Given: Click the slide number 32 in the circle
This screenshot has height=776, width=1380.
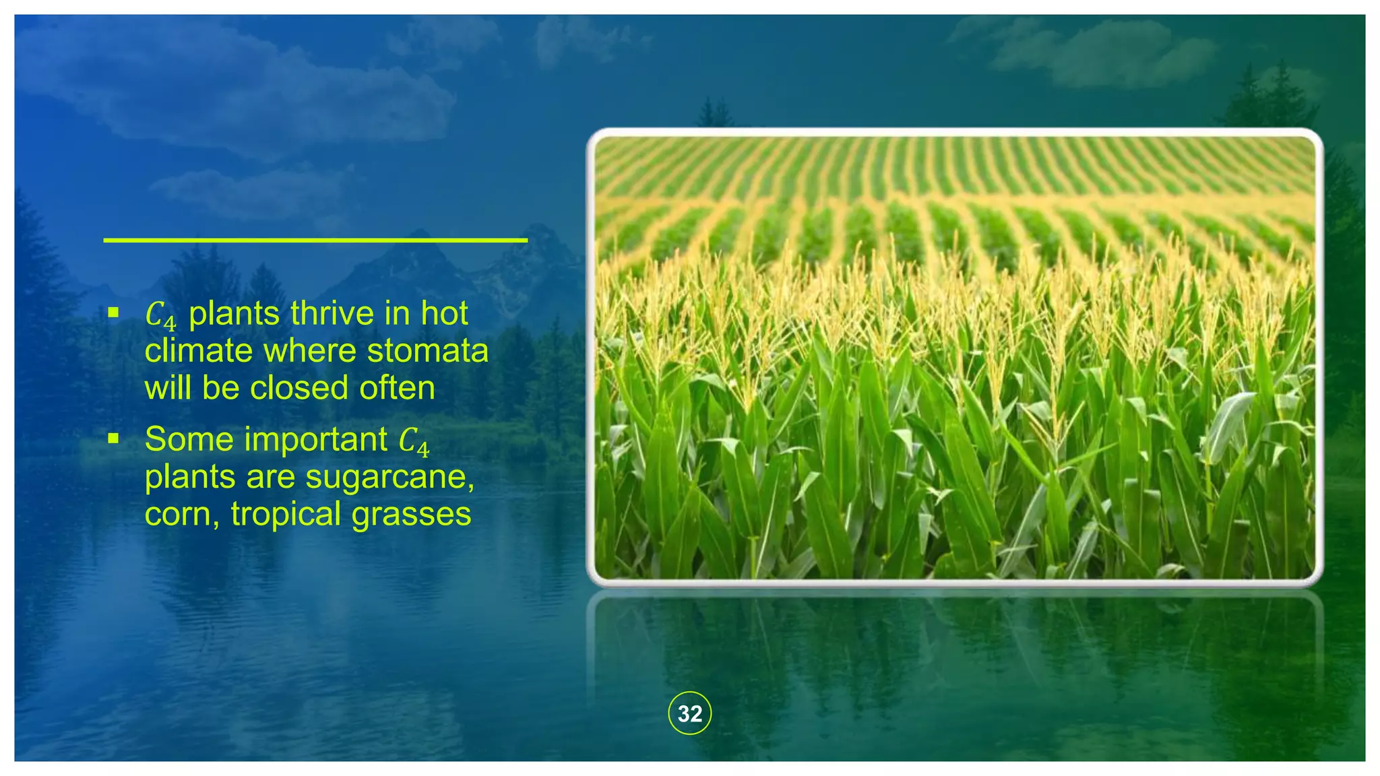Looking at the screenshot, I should point(689,713).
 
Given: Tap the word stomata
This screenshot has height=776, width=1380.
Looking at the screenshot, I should point(427,351).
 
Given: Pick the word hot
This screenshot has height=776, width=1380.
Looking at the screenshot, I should point(444,313).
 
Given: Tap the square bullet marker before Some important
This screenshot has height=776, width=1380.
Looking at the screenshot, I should point(113,439).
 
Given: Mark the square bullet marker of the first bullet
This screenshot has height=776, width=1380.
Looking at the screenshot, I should point(113,313).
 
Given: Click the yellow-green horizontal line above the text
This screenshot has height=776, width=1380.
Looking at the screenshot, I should point(315,240).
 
